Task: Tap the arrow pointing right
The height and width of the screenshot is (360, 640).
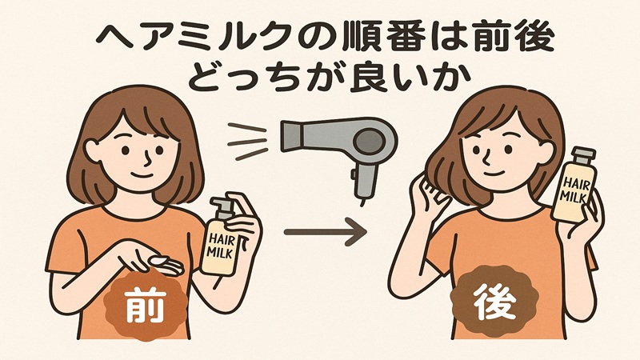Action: click(x=324, y=233)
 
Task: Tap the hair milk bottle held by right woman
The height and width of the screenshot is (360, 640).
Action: click(x=575, y=183)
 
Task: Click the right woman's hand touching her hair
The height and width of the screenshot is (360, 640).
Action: click(x=422, y=192)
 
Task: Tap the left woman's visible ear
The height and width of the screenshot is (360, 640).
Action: click(x=92, y=149)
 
